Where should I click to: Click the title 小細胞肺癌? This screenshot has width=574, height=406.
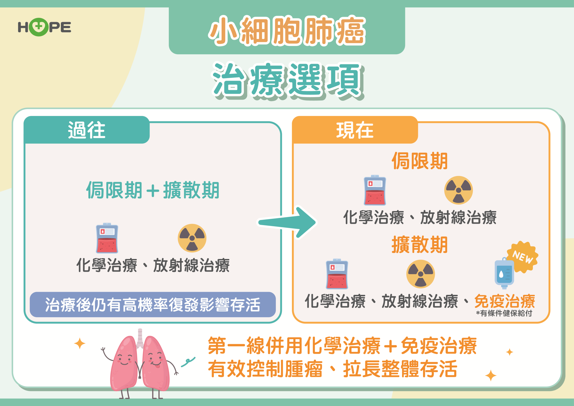(x=287, y=31)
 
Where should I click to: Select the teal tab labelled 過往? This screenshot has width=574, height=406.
(x=87, y=130)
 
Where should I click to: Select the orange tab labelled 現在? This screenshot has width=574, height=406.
(x=355, y=130)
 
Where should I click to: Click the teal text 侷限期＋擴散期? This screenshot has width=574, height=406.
(x=153, y=190)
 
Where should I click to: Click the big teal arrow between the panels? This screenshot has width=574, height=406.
(x=287, y=222)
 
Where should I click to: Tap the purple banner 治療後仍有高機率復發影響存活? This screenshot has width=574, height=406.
(x=153, y=305)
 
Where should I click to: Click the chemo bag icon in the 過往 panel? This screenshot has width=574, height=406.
(x=107, y=238)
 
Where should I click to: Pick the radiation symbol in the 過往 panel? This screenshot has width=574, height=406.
(x=192, y=238)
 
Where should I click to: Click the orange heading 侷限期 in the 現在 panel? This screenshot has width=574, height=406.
(x=420, y=161)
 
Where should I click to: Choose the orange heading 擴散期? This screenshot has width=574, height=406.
(x=420, y=245)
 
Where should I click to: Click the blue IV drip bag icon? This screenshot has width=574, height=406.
(x=504, y=273)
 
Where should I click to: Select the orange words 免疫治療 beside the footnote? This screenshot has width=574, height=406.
(x=505, y=301)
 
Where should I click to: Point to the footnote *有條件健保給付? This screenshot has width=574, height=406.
(x=504, y=313)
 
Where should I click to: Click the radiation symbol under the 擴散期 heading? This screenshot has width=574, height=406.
(x=420, y=274)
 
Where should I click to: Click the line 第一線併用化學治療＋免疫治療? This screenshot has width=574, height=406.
(x=342, y=346)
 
